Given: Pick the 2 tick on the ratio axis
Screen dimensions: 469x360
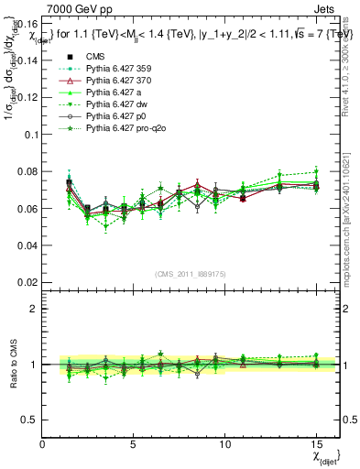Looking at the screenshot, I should (x=33, y=309).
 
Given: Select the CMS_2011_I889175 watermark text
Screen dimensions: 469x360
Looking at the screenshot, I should (x=189, y=274).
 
